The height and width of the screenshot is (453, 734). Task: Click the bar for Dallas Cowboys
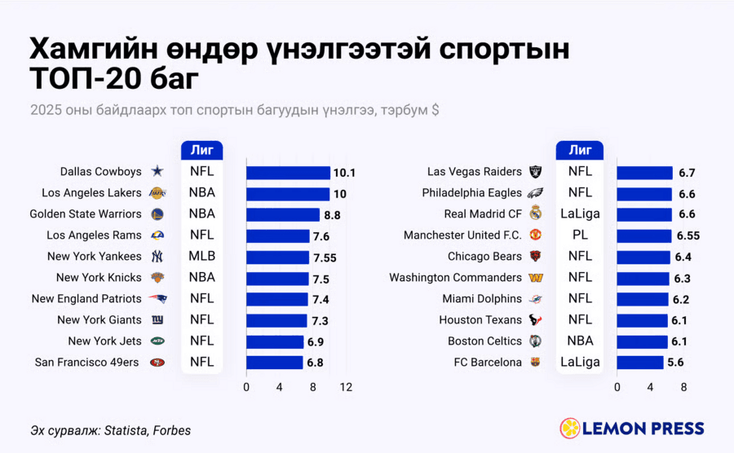tap(289, 173)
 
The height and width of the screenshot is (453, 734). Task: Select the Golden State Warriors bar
tap(283, 214)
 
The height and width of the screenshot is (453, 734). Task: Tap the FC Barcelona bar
tap(640, 363)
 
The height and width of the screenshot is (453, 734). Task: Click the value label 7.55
tap(325, 257)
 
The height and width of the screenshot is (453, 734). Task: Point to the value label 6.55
tap(688, 235)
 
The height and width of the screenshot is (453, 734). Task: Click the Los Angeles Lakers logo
tap(157, 193)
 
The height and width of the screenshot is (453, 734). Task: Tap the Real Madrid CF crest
tap(536, 213)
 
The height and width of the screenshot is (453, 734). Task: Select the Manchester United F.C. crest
tap(536, 235)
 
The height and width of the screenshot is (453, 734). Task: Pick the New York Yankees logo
tap(157, 256)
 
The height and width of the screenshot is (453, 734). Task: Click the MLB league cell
tap(201, 256)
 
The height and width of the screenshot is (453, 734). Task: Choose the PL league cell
tap(580, 235)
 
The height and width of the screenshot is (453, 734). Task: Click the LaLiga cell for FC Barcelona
tap(580, 363)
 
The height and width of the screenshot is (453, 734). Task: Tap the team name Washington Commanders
tap(455, 278)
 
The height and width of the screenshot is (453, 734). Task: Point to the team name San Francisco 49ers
tap(86, 363)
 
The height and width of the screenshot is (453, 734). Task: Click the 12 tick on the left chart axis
tap(346, 387)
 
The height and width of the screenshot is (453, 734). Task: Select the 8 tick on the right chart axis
tap(683, 387)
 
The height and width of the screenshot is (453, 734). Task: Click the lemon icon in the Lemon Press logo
tap(570, 429)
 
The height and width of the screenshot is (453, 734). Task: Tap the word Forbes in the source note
tap(172, 430)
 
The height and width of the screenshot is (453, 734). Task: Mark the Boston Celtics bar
tap(642, 341)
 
